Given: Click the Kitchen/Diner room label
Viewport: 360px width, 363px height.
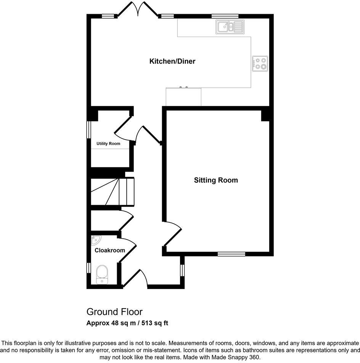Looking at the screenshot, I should click(x=172, y=61).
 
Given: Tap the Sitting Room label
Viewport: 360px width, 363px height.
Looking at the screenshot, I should click(x=215, y=180).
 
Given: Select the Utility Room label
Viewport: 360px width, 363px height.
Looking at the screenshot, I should click(x=108, y=144).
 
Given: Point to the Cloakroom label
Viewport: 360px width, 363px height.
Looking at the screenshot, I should click(x=110, y=251).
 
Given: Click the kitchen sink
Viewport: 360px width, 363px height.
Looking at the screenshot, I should click(x=230, y=27).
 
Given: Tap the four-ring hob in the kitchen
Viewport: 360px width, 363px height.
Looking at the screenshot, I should click(x=260, y=64).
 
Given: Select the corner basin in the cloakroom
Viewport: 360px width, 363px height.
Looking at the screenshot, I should click(x=95, y=240).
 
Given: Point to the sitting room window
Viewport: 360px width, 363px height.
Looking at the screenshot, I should click(x=231, y=254).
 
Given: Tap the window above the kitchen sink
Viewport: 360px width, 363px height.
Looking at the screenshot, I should click(x=225, y=16).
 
